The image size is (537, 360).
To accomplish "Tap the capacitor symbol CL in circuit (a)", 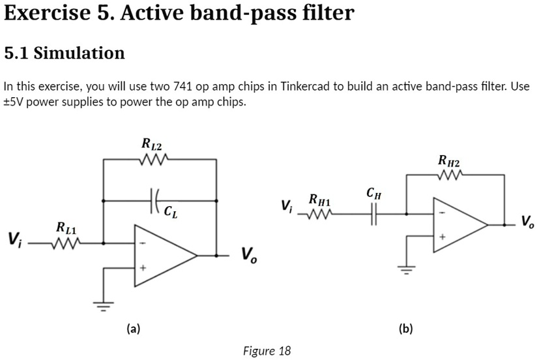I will [x=154, y=200].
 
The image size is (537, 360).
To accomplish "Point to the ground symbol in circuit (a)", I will [x=103, y=303].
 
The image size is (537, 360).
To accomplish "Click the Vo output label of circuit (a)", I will [x=249, y=254].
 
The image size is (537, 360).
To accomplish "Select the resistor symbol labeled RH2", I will [x=450, y=175].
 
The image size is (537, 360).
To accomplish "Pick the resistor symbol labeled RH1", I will [x=320, y=213].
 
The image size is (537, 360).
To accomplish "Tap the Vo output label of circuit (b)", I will [x=527, y=222].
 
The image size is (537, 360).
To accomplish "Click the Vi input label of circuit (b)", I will [x=286, y=205].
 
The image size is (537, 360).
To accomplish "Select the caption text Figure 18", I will [x=267, y=351].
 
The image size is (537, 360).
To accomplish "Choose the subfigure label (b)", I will [x=405, y=329].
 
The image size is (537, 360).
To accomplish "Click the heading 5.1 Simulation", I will [x=65, y=53].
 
